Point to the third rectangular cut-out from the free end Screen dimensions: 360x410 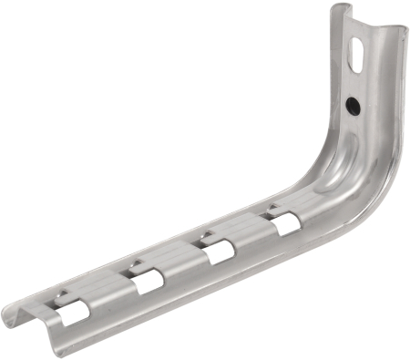pyautogui.click(x=217, y=251)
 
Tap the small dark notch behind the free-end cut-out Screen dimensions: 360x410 pyautogui.click(x=63, y=293)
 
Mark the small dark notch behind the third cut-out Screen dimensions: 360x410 pyautogui.click(x=207, y=235)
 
